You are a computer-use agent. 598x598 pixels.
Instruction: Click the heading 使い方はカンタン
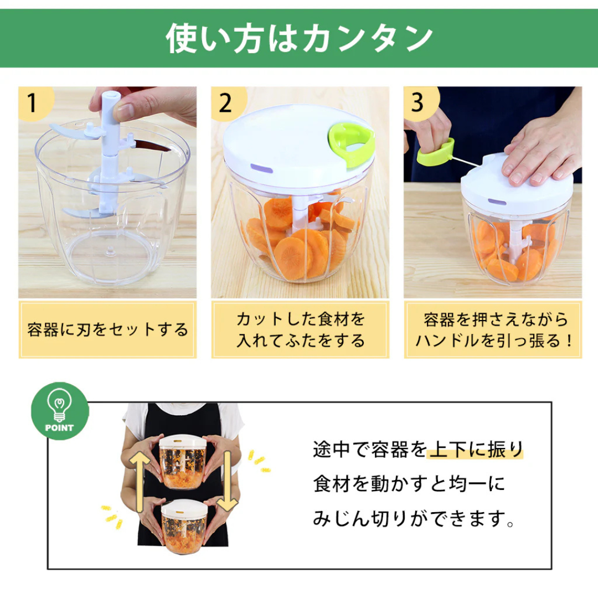pyautogui.click(x=299, y=38)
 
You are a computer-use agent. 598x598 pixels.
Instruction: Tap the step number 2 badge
pyautogui.click(x=225, y=103)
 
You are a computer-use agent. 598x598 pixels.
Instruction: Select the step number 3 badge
pyautogui.click(x=418, y=103)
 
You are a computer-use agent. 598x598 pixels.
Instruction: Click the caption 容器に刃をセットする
pyautogui.click(x=107, y=330)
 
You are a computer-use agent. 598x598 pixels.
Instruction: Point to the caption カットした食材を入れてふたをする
pyautogui.click(x=300, y=330)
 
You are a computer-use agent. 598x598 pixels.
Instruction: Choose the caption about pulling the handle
pyautogui.click(x=493, y=330)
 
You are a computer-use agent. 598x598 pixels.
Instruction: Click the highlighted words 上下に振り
pyautogui.click(x=476, y=450)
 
